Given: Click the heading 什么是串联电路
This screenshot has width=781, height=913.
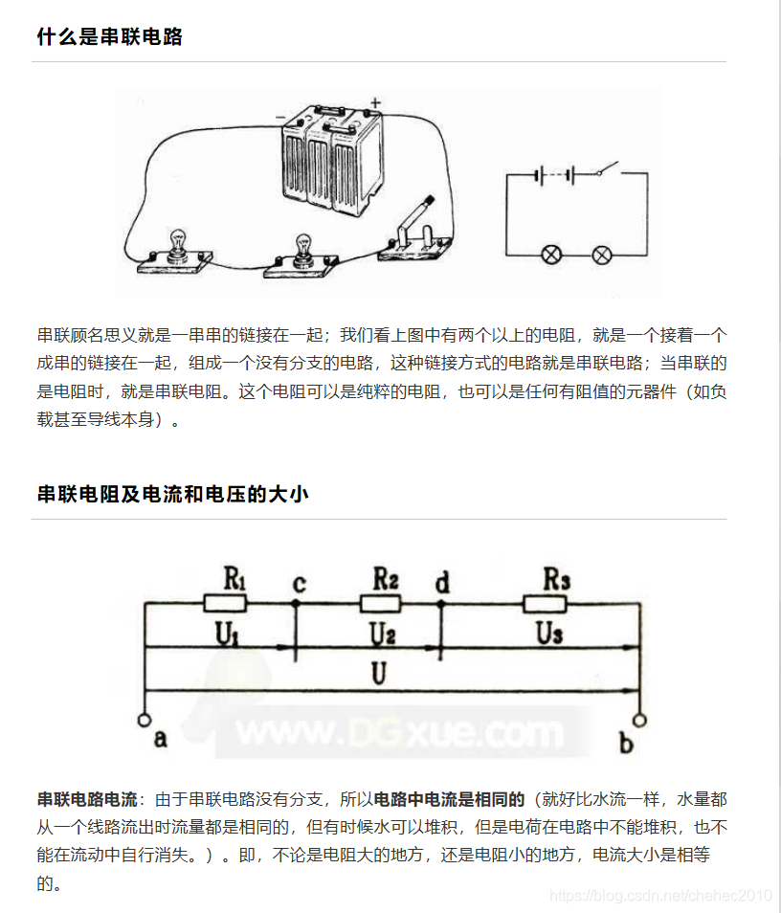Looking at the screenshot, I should coord(109,37).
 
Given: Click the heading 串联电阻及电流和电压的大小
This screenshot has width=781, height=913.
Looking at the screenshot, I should coord(172,495).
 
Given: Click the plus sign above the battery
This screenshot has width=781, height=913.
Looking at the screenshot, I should coord(375,101).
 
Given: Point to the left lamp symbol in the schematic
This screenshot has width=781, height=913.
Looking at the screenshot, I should coord(552,255).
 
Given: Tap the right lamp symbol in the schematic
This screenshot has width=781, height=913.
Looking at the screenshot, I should coord(601,255).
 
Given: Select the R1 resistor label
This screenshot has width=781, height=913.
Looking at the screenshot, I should coord(234,579).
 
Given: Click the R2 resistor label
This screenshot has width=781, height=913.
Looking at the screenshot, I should coord(386,578).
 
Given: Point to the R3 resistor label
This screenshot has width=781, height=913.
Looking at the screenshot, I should coord(557,579).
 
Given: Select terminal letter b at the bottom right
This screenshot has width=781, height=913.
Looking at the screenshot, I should coord(626,742).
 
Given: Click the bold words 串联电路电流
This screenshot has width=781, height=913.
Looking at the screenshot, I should coord(87,798).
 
